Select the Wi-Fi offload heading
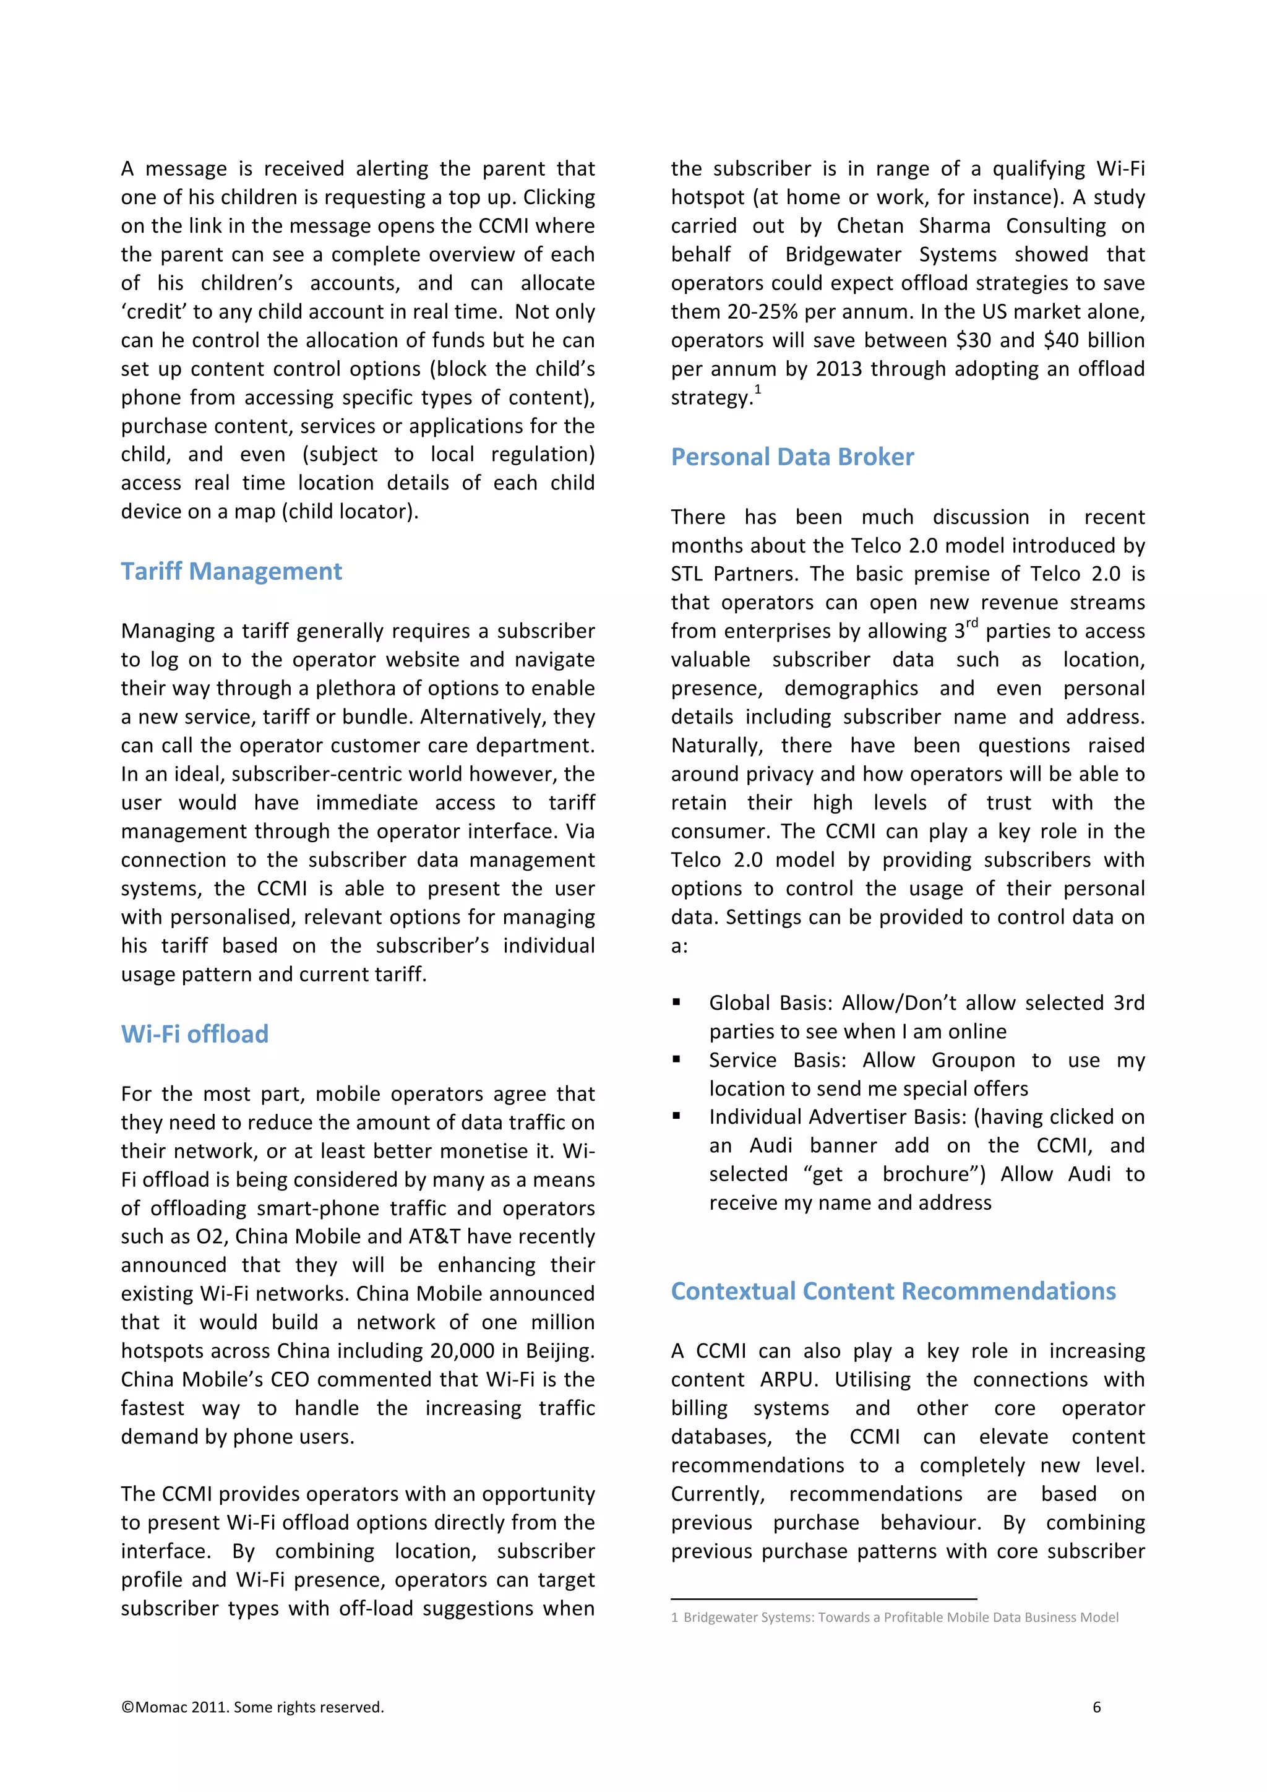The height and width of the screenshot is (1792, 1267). [194, 1034]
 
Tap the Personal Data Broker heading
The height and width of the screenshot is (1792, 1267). [792, 457]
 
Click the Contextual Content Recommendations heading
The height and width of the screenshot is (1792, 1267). [893, 1291]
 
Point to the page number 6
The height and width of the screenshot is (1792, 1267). [1096, 1707]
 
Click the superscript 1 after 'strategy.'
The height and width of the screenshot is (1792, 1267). [758, 389]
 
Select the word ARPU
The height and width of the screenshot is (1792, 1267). [789, 1379]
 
